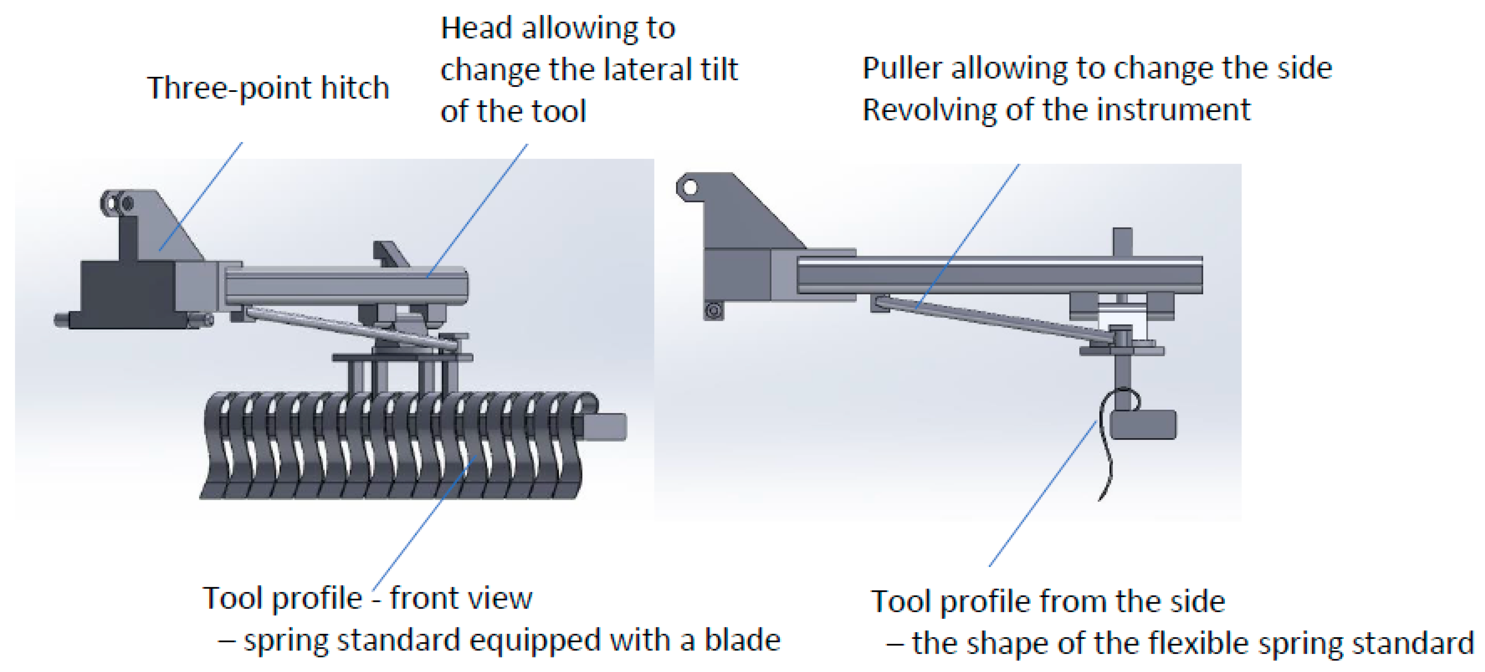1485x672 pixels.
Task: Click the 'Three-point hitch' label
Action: tap(268, 88)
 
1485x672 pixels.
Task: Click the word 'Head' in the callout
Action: tap(476, 28)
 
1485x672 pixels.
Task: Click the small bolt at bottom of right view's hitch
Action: tap(713, 311)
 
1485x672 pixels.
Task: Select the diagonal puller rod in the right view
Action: tap(992, 320)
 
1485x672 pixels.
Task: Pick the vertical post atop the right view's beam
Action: tap(1122, 241)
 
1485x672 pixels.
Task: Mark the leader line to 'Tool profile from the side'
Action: tap(1043, 493)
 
